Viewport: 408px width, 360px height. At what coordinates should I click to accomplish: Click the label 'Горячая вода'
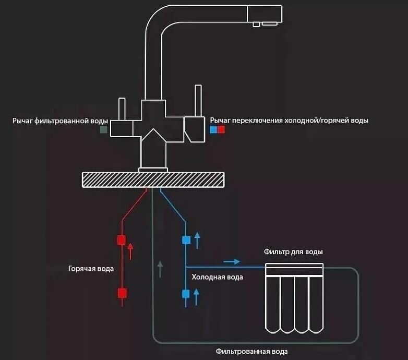tap(91, 269)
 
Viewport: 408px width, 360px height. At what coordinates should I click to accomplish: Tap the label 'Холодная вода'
tap(217, 277)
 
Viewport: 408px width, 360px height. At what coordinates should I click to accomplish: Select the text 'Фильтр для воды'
tap(297, 252)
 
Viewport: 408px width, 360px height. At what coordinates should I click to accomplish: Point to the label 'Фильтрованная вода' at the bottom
tap(251, 351)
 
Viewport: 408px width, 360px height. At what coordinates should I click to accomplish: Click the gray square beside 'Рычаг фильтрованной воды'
tap(104, 128)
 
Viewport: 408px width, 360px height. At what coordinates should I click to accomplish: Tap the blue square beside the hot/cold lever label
tap(213, 128)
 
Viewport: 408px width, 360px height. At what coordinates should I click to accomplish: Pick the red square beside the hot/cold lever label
tap(221, 128)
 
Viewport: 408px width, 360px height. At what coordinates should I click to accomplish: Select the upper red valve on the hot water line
tap(122, 241)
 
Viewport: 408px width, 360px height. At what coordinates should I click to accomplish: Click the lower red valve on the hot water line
tap(122, 293)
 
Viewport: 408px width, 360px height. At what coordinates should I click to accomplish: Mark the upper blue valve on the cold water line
tap(186, 241)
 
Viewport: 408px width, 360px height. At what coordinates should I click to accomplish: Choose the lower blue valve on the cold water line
tap(186, 294)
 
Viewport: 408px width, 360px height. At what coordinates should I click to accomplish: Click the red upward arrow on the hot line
tap(130, 251)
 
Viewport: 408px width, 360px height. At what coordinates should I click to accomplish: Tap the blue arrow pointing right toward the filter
tap(232, 261)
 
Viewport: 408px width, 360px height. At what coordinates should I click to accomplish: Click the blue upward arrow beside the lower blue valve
tap(197, 296)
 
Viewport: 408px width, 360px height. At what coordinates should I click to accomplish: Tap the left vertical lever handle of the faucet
tap(122, 109)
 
